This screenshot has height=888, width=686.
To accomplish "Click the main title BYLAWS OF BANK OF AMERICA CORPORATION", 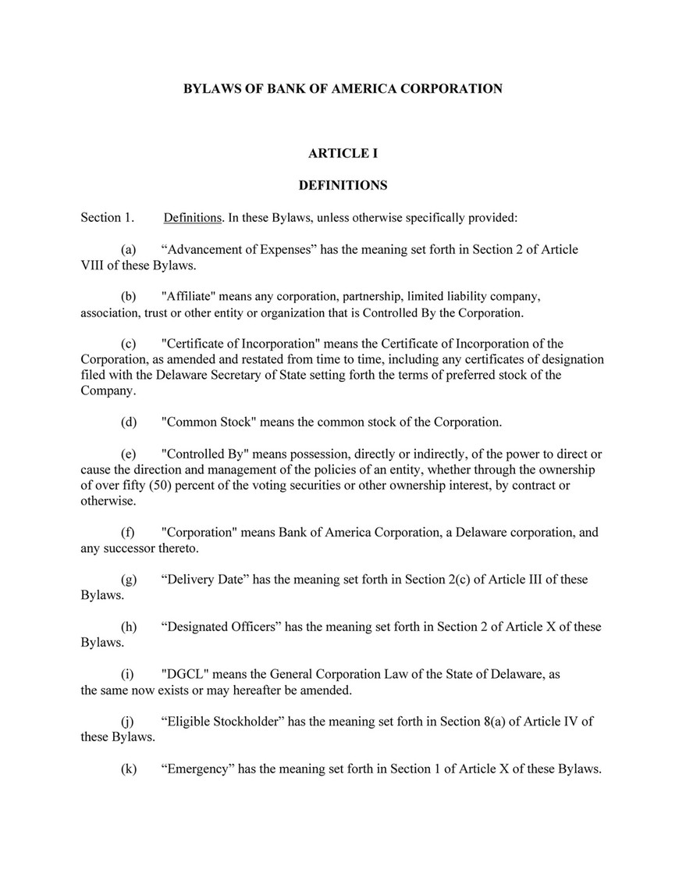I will click(x=343, y=89).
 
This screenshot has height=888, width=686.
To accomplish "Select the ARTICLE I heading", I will click(x=343, y=154).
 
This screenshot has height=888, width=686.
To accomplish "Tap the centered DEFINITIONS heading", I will click(x=343, y=186).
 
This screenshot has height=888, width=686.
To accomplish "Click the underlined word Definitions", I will click(x=193, y=218).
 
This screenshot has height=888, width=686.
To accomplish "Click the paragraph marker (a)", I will click(x=129, y=249).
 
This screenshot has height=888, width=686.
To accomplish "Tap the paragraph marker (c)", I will click(x=129, y=344).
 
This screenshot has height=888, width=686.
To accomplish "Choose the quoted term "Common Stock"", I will click(x=208, y=423).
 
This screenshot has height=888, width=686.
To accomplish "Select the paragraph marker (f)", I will click(x=129, y=533).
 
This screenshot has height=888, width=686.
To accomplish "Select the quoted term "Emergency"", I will click(x=197, y=769).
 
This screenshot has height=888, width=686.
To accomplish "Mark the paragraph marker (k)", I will click(x=129, y=769).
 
